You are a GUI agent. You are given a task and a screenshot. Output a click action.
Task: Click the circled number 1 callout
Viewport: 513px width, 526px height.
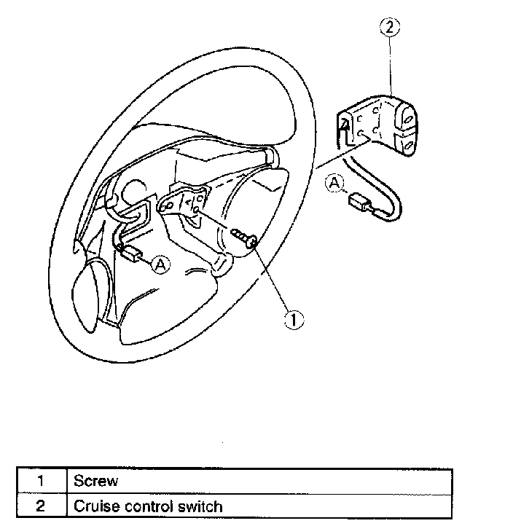coord(293,318)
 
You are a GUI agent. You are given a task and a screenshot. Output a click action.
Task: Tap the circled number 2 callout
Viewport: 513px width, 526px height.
coord(391,29)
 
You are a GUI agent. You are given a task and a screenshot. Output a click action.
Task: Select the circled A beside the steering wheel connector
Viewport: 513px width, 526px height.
coord(160,265)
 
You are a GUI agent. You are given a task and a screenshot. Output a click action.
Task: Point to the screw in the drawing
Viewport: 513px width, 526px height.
coord(245,238)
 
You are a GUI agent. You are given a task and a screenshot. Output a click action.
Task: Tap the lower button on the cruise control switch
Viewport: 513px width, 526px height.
coord(408,144)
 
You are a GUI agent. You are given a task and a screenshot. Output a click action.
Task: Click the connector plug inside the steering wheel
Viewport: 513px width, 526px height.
coord(132,254)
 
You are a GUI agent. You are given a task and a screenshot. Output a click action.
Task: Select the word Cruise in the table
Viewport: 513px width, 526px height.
coord(93,505)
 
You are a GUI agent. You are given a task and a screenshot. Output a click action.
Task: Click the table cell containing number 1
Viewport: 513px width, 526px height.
coord(42,481)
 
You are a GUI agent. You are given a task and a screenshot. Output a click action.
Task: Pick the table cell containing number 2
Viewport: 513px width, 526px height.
coord(42,505)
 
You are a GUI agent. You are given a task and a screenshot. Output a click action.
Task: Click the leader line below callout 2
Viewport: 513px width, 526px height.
coord(391,66)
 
